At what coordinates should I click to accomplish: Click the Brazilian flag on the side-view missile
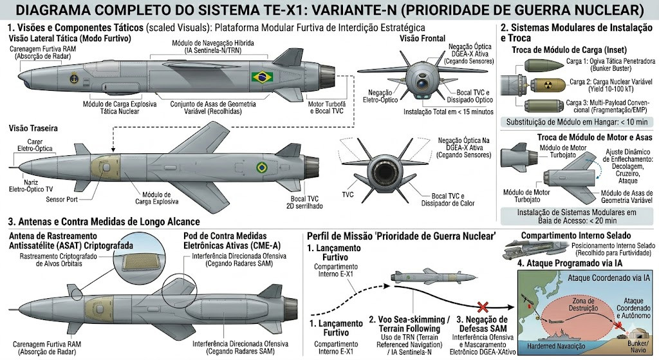click(263, 77)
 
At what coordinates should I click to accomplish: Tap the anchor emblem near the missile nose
click(75, 78)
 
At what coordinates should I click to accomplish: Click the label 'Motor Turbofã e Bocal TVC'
click(327, 108)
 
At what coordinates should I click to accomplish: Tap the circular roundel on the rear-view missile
click(262, 167)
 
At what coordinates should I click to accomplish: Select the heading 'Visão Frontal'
click(422, 38)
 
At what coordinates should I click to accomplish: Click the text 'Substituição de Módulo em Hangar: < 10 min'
click(577, 122)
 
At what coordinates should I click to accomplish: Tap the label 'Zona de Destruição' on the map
click(583, 305)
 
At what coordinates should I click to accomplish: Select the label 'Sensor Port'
click(62, 200)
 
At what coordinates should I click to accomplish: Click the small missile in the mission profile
click(434, 277)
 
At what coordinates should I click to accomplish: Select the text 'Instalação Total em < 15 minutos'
click(449, 112)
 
